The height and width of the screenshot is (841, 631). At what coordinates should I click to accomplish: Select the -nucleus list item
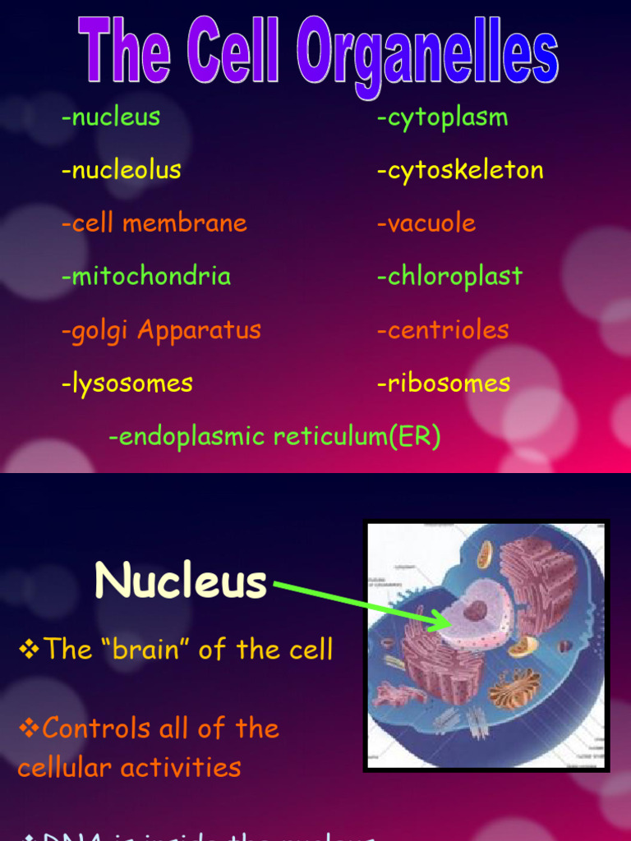(111, 117)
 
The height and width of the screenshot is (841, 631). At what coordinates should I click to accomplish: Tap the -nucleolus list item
(122, 170)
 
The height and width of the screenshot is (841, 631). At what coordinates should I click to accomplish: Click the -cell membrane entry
(154, 223)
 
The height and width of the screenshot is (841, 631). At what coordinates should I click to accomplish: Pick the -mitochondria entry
(146, 276)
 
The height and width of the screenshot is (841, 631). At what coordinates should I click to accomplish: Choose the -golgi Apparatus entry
(161, 330)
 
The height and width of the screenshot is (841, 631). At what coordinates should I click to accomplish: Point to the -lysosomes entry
(127, 383)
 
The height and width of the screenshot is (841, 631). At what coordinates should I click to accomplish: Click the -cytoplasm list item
(443, 117)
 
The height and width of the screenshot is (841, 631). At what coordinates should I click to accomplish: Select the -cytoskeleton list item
(460, 170)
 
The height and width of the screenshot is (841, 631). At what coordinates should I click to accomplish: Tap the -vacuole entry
(426, 223)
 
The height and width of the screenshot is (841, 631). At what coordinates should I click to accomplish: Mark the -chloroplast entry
(449, 276)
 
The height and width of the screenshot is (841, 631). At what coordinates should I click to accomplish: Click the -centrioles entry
(443, 330)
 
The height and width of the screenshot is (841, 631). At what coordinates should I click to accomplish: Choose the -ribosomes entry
(444, 383)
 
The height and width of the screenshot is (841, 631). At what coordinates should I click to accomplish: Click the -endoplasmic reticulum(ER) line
(275, 437)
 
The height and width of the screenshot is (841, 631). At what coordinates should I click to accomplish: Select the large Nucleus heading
(181, 581)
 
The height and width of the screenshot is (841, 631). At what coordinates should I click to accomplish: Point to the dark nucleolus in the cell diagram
(475, 610)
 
